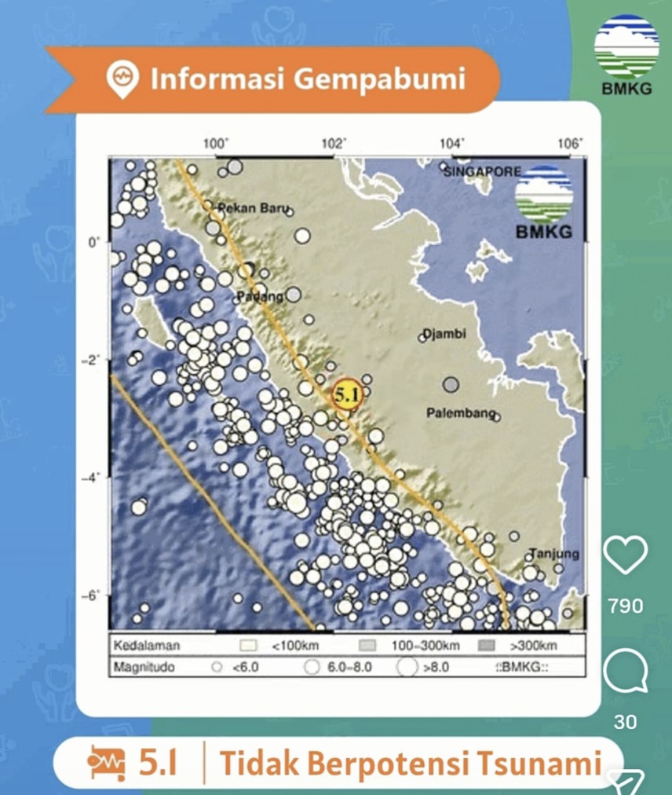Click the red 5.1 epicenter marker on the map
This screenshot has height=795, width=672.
tap(346, 394)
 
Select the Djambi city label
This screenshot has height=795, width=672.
tap(445, 334)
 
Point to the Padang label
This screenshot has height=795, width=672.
tap(259, 296)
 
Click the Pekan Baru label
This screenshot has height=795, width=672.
tap(253, 209)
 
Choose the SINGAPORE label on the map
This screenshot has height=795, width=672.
tap(482, 170)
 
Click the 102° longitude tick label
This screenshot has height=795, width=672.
tap(334, 143)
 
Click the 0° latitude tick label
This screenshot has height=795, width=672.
tap(94, 243)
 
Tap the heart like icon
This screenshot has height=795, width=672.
tap(625, 555)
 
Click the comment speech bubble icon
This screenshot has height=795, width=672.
tap(625, 673)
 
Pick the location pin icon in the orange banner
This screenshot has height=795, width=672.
tap(123, 80)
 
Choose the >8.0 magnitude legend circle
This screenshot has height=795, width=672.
tap(406, 668)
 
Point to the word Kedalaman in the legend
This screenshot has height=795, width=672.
tap(147, 647)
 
